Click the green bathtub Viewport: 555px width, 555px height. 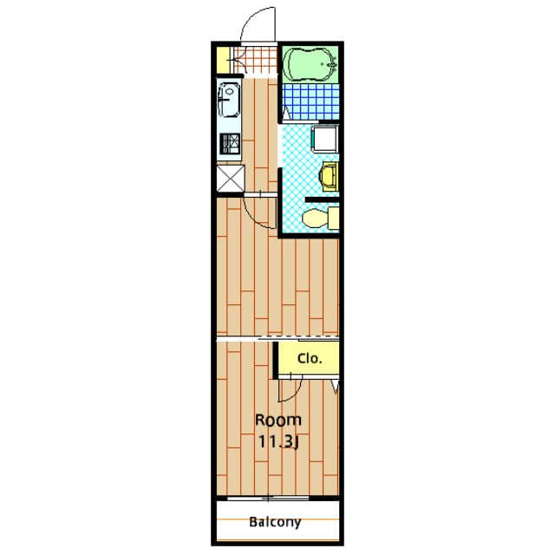[x=310, y=64]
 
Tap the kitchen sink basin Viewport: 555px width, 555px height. [x=228, y=100]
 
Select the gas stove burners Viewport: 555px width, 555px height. [x=230, y=143]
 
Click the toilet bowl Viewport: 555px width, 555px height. [x=316, y=218]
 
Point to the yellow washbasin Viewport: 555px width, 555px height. [x=329, y=177]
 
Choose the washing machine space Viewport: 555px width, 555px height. [x=325, y=138]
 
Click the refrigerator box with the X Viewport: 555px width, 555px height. [x=230, y=179]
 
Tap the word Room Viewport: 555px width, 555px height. [x=278, y=420]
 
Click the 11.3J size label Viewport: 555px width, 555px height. [x=279, y=441]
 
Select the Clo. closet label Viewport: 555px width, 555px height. [x=310, y=358]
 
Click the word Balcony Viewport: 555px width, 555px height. [x=275, y=522]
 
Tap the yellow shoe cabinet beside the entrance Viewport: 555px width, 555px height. [x=223, y=60]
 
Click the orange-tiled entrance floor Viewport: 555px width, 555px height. [x=255, y=61]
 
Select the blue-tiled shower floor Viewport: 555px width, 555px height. [x=310, y=101]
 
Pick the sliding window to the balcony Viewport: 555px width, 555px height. [x=268, y=499]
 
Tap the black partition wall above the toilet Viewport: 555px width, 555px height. [x=322, y=199]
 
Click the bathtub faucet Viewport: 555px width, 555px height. [x=331, y=65]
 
